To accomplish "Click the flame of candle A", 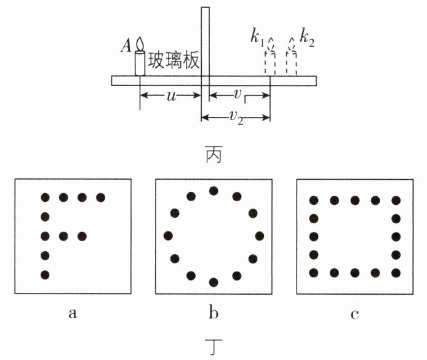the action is pyautogui.click(x=140, y=44).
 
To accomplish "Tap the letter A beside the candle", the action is pyautogui.click(x=126, y=45).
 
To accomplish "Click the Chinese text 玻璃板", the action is pyautogui.click(x=173, y=60).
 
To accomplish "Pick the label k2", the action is pyautogui.click(x=307, y=38).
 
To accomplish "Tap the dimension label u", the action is pyautogui.click(x=172, y=95).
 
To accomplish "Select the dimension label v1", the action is pyautogui.click(x=239, y=95).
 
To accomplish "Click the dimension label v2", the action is pyautogui.click(x=236, y=118).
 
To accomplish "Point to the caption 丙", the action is pyautogui.click(x=213, y=154).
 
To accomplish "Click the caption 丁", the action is pyautogui.click(x=213, y=346).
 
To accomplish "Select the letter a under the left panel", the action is pyautogui.click(x=73, y=313).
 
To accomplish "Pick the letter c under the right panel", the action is pyautogui.click(x=354, y=314).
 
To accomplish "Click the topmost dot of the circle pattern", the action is pyautogui.click(x=213, y=191).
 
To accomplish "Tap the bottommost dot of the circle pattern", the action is pyautogui.click(x=213, y=282).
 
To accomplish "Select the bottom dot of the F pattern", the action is pyautogui.click(x=45, y=274).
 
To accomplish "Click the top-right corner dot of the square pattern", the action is pyautogui.click(x=396, y=201).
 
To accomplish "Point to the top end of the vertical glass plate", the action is pyautogui.click(x=206, y=7).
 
